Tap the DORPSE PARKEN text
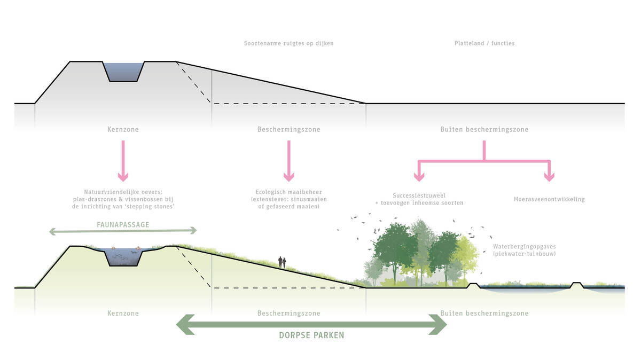[x=311, y=335]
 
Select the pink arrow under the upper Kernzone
[x=123, y=161]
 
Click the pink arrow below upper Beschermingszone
[x=289, y=161]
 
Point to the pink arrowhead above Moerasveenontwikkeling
[x=549, y=176]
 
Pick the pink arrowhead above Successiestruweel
[x=419, y=176]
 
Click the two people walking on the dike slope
[x=282, y=262]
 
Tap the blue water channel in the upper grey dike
[x=124, y=72]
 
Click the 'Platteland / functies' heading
[x=484, y=43]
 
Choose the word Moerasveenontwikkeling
[x=549, y=199]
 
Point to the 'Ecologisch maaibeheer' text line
[x=288, y=192]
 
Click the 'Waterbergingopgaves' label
[x=524, y=247]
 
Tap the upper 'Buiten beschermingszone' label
[x=484, y=130]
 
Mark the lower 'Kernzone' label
[x=123, y=314]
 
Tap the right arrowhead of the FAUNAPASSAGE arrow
[x=193, y=231]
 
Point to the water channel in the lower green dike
[x=124, y=257]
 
